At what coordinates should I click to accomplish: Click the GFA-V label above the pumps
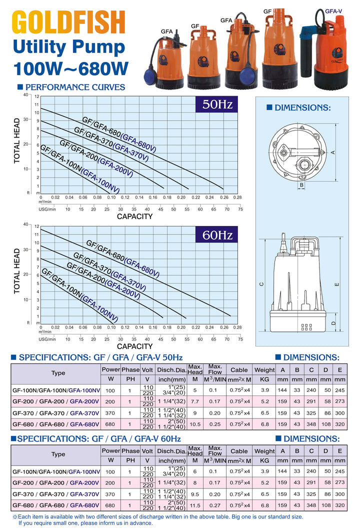click(x=333, y=10)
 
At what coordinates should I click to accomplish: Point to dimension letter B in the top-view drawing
click(x=301, y=185)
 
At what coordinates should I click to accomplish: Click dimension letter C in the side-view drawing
click(x=261, y=284)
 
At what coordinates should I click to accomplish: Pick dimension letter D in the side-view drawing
click(x=333, y=323)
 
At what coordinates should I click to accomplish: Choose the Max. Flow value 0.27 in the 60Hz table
click(x=215, y=506)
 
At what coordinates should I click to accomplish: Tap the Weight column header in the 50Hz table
click(x=264, y=370)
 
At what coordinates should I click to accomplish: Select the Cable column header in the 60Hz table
click(x=239, y=451)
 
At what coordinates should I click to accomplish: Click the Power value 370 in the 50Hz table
click(x=110, y=413)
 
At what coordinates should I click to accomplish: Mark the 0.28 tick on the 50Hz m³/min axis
click(x=237, y=197)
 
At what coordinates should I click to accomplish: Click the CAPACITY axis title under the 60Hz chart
click(x=134, y=346)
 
